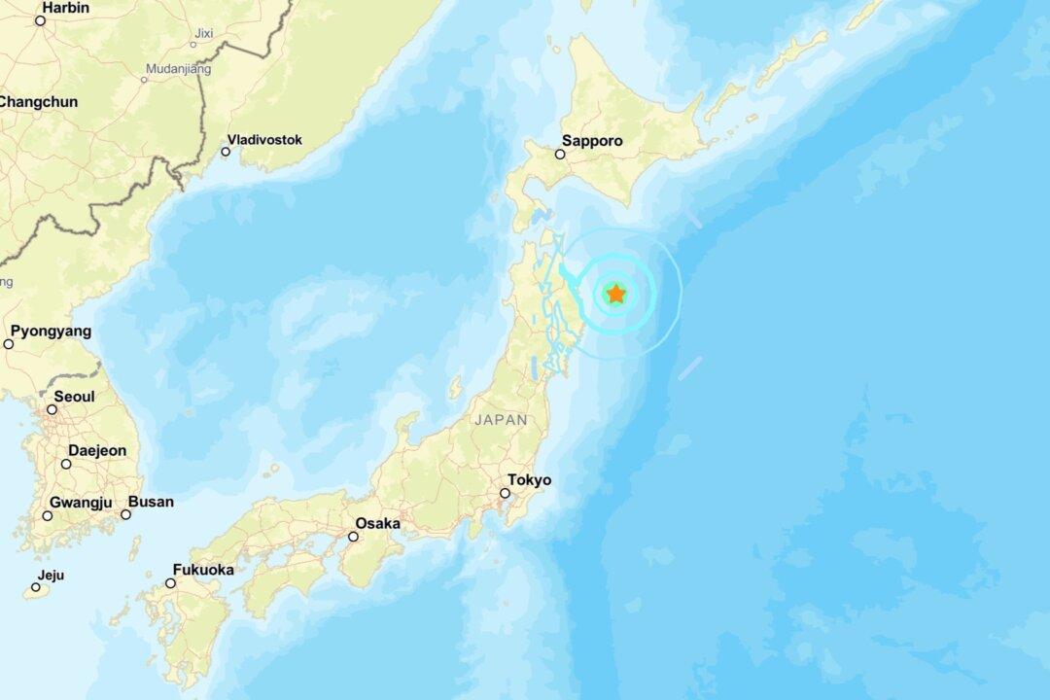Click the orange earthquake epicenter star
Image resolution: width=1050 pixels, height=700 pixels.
(616, 294)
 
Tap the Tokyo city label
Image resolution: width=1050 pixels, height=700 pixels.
(529, 479)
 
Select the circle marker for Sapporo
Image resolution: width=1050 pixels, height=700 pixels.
(560, 154)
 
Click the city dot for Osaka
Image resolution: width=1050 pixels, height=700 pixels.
(353, 536)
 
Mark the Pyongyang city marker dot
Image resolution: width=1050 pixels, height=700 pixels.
(9, 344)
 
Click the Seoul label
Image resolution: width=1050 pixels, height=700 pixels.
(74, 397)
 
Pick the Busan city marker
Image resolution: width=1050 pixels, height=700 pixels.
(125, 514)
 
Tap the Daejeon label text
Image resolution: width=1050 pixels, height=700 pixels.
(97, 450)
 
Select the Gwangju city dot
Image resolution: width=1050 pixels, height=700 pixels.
(47, 515)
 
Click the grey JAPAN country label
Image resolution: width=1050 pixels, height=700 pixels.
(502, 420)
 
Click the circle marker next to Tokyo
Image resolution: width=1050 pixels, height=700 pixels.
(504, 493)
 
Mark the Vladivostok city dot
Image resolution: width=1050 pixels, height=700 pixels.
(225, 152)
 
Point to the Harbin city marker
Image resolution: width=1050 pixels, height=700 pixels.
(40, 20)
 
